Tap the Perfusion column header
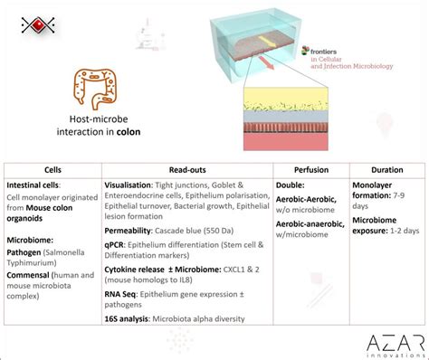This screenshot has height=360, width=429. [310, 169]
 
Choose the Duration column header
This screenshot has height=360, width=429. [386, 169]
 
